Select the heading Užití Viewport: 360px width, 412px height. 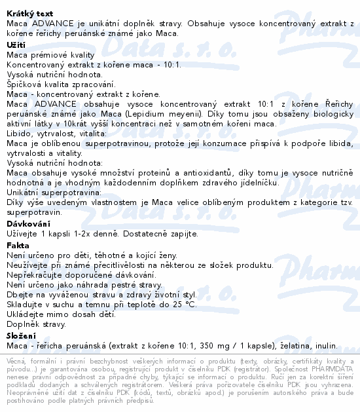(16, 44)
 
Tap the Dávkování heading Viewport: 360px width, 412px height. (27, 223)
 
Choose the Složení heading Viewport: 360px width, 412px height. (22, 335)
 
